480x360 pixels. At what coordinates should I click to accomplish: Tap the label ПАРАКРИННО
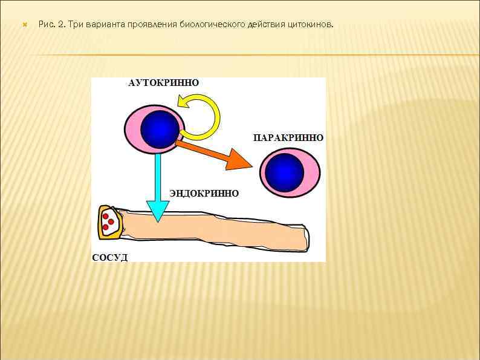288,138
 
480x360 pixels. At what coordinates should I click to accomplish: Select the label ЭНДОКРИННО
204,194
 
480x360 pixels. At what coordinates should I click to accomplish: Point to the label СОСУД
109,258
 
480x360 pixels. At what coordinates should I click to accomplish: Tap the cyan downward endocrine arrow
158,182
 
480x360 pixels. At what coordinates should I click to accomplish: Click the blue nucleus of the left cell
160,129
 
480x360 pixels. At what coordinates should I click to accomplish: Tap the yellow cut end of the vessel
108,222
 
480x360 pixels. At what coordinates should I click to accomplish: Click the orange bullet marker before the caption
24,25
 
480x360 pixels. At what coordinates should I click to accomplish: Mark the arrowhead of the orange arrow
240,161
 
